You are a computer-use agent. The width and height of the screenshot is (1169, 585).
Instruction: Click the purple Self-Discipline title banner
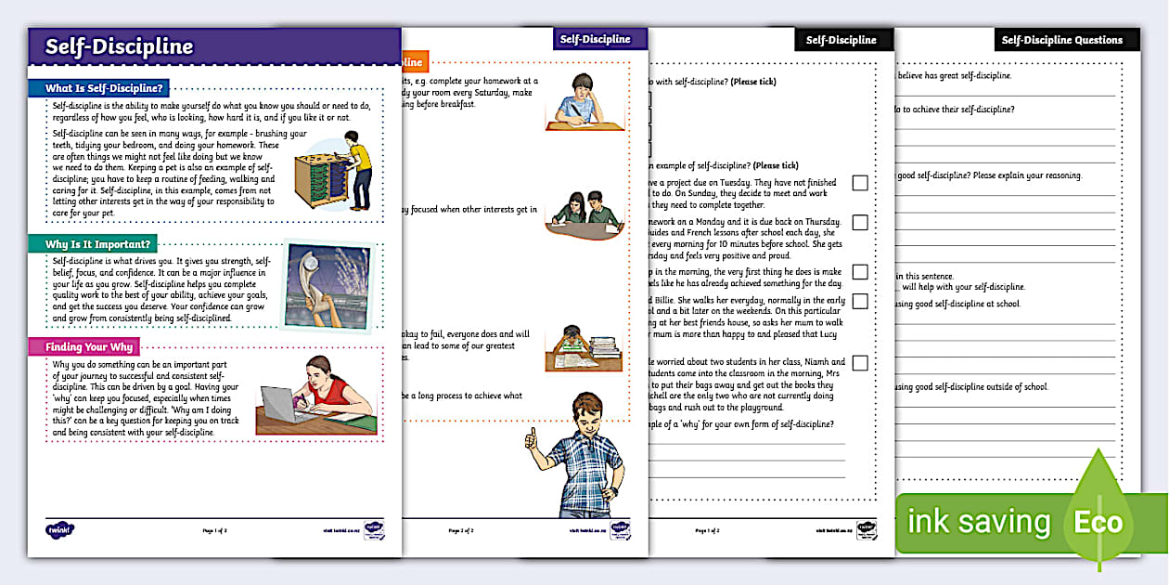[x=213, y=46]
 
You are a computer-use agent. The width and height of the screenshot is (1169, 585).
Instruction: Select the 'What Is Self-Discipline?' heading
[x=105, y=88]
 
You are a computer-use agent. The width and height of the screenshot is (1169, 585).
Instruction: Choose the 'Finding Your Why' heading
[x=89, y=347]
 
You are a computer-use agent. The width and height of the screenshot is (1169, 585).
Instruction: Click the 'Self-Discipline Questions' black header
[x=1061, y=40]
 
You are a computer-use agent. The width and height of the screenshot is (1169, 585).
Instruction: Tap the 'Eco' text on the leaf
[x=1098, y=522]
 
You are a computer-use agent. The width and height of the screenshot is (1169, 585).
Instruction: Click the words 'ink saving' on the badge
[x=978, y=522]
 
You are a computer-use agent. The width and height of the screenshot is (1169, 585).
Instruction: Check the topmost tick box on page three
[x=860, y=183]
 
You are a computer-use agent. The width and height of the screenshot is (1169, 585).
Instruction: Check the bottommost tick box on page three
[x=860, y=363]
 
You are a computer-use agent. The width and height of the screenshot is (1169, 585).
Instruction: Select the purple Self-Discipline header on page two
[x=593, y=39]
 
